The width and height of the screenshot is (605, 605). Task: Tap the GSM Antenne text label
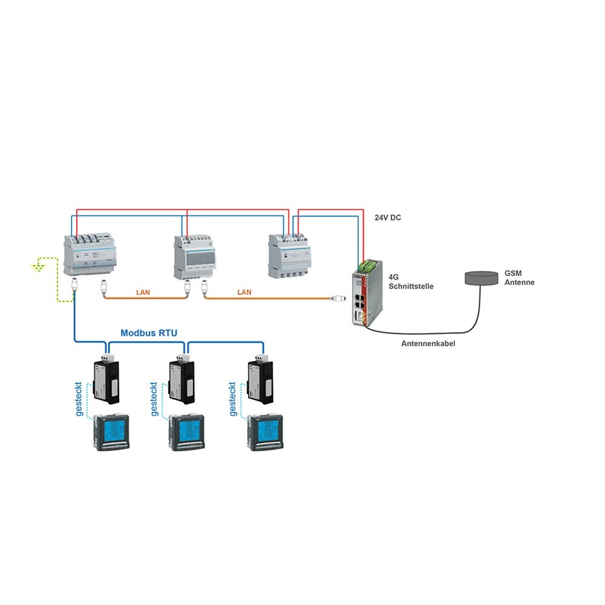520,278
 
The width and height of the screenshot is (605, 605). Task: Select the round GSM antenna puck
482,278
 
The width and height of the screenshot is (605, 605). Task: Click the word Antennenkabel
428,344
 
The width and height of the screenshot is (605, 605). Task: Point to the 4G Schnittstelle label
411,282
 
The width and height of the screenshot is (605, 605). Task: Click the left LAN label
143,292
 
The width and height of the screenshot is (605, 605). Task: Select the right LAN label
244,292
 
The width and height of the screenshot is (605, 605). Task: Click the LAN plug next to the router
338,298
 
